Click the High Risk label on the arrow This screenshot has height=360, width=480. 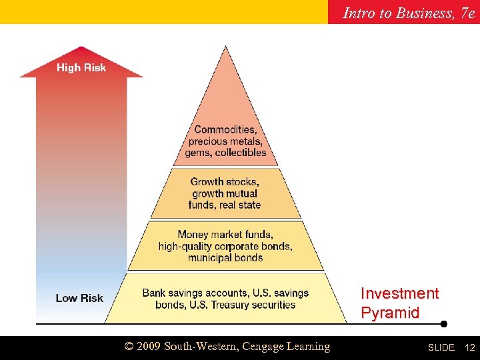pyautogui.click(x=81, y=67)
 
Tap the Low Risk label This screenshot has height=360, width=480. pyautogui.click(x=79, y=298)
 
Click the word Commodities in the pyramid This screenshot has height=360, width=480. pyautogui.click(x=224, y=129)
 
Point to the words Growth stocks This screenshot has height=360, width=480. pyautogui.click(x=225, y=181)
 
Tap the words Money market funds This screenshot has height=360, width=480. pyautogui.click(x=225, y=234)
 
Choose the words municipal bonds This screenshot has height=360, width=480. pyautogui.click(x=225, y=258)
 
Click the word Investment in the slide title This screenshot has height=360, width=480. pyautogui.click(x=399, y=293)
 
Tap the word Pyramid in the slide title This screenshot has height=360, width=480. pyautogui.click(x=390, y=313)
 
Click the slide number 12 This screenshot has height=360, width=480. pyautogui.click(x=469, y=347)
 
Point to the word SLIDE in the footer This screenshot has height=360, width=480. pyautogui.click(x=441, y=347)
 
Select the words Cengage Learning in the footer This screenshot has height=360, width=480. pyautogui.click(x=286, y=347)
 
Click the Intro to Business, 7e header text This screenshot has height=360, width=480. pyautogui.click(x=408, y=12)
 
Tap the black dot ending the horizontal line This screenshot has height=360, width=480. pyautogui.click(x=443, y=324)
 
